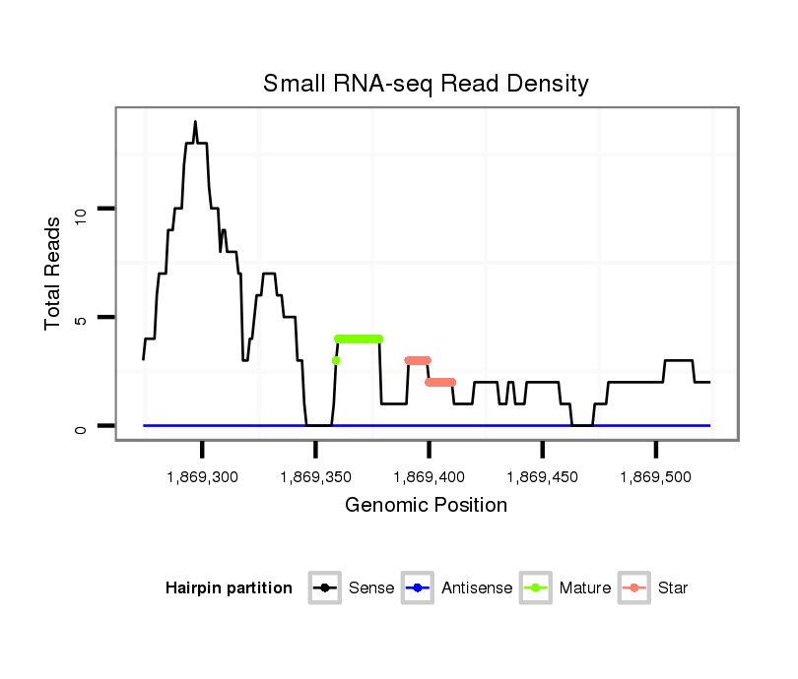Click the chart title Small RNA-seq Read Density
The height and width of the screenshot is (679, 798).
tap(426, 84)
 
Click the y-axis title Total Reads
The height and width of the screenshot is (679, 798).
tap(54, 273)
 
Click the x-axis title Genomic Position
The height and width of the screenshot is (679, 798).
tap(426, 506)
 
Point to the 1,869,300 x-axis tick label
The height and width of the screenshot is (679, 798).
tap(202, 477)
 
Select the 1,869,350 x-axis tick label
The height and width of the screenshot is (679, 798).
tap(315, 477)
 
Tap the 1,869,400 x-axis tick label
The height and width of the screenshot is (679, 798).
tap(429, 477)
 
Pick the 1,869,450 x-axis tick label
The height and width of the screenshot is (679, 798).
tap(542, 477)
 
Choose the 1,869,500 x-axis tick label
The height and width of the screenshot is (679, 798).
tap(655, 477)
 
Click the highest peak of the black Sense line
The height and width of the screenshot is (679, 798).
tap(195, 122)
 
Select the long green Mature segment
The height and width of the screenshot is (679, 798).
tap(359, 339)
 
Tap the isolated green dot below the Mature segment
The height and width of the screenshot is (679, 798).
tap(336, 360)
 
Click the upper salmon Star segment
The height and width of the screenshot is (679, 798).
tap(418, 360)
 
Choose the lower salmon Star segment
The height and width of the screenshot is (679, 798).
tap(440, 382)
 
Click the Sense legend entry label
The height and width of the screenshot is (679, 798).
tap(371, 588)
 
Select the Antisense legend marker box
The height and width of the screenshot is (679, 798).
tap(419, 588)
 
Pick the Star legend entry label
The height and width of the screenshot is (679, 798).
tap(673, 588)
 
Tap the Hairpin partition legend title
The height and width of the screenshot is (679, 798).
tap(229, 588)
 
